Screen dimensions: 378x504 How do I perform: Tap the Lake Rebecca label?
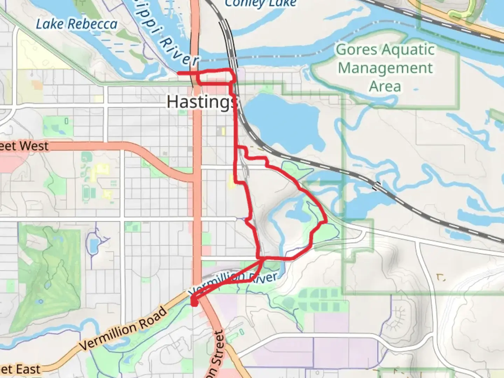77,24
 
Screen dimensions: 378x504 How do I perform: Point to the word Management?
385,68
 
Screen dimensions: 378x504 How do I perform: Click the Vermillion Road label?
123,329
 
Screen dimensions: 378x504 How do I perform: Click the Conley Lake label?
260,3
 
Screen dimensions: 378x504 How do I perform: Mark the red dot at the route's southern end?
194,303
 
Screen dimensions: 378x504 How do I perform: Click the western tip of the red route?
178,73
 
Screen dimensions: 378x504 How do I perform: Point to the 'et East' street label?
20,370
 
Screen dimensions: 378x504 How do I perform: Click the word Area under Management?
385,86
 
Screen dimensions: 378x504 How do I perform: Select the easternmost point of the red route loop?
326,221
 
